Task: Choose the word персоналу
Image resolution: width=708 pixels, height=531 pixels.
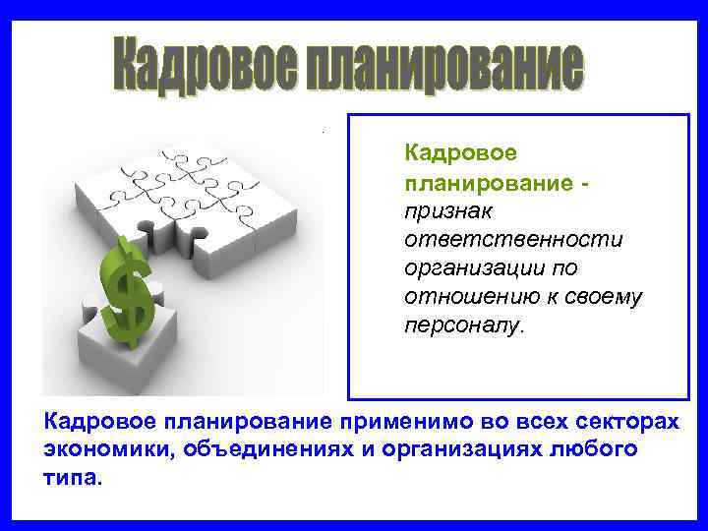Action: (463, 324)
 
